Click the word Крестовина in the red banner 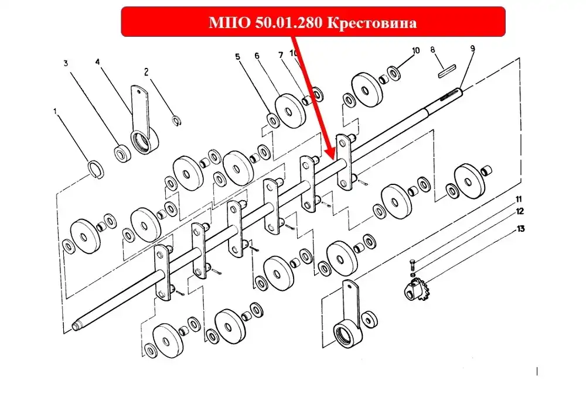point(372,23)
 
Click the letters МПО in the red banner point(230,23)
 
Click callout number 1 point(55,111)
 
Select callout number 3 point(66,63)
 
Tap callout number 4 point(97,61)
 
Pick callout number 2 point(146,71)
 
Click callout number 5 point(238,57)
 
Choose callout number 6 point(257,56)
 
